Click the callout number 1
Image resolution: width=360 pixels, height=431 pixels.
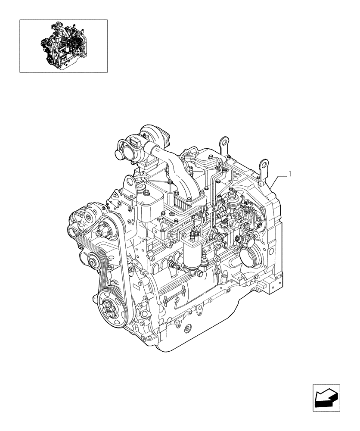(x=290, y=174)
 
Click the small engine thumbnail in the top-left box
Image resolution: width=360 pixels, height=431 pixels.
(x=63, y=46)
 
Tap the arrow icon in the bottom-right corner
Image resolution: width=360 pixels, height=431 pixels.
(x=326, y=397)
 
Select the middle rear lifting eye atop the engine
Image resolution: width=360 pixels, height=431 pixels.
(x=223, y=142)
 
